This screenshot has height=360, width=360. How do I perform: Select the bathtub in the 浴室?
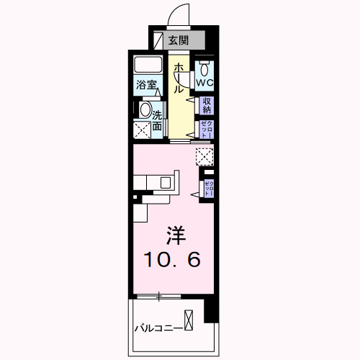[150, 66]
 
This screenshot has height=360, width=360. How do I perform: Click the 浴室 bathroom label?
[147, 85]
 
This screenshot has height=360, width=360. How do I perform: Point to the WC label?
[206, 84]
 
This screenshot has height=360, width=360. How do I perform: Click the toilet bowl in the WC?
[206, 68]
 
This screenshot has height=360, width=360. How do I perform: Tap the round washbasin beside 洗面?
[146, 111]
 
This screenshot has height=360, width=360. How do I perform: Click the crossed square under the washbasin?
[143, 130]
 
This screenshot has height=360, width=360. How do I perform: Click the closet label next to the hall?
[207, 129]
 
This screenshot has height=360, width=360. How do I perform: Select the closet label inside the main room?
[208, 188]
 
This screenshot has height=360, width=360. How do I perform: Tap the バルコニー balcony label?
[156, 329]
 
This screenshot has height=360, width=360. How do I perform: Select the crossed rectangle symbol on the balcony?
[189, 318]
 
